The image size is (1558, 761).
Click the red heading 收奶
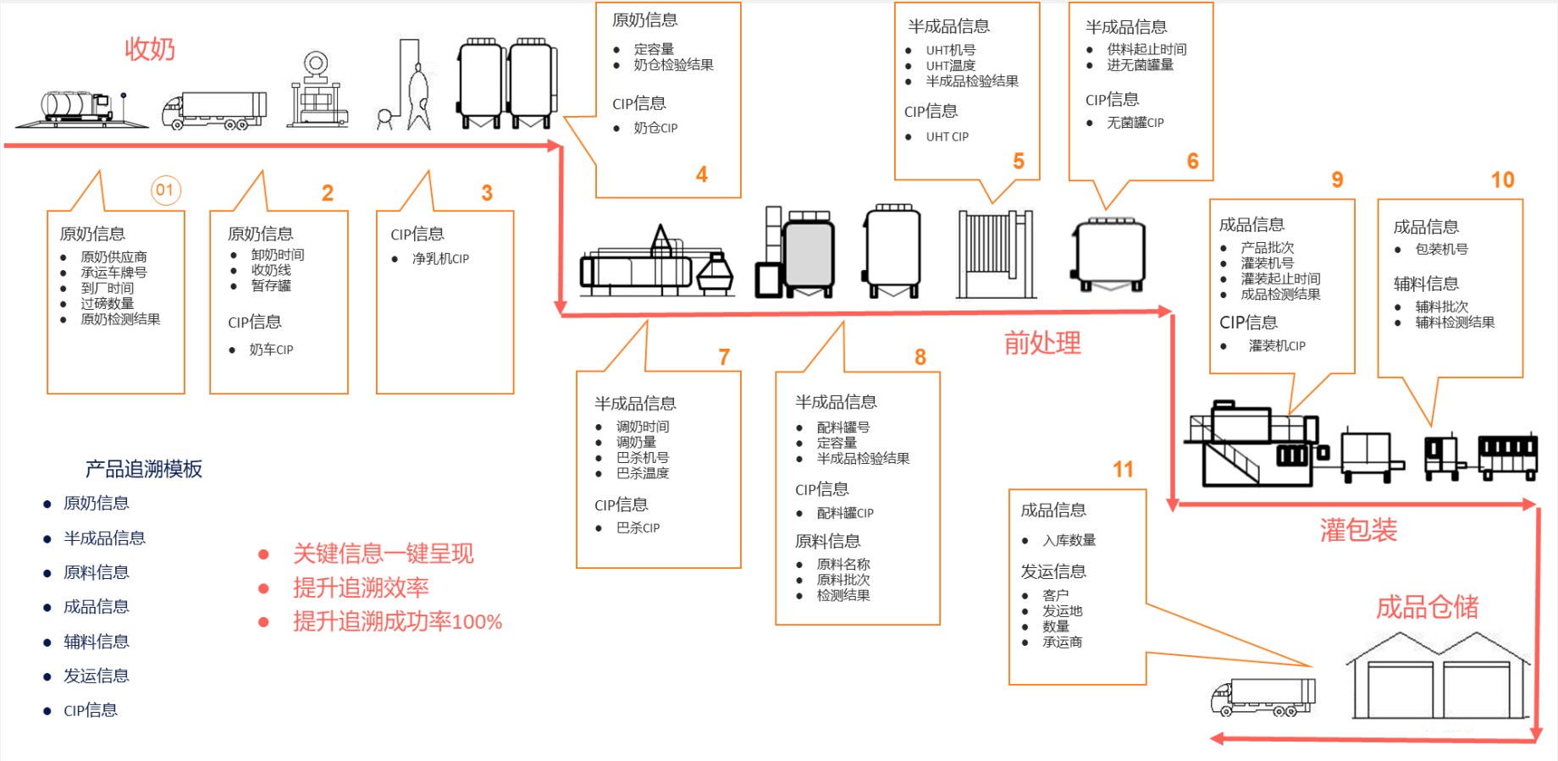[x=150, y=49]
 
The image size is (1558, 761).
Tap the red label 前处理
[x=1042, y=343]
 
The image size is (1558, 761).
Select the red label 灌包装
[x=1358, y=530]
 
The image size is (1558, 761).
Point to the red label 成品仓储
[x=1427, y=607]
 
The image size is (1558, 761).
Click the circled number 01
[x=165, y=190]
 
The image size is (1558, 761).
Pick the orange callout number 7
[x=724, y=357]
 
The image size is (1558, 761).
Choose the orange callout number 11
[x=1123, y=470]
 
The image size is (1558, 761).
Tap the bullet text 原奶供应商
[x=113, y=256]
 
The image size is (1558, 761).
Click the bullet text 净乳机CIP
[x=440, y=258]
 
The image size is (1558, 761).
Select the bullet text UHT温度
[x=950, y=65]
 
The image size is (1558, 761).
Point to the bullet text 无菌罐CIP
[x=1135, y=123]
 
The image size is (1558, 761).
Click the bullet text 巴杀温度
[x=643, y=473]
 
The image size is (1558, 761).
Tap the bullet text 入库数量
[x=1069, y=540]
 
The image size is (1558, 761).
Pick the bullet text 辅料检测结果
[x=1455, y=322]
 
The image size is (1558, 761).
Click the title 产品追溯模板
[x=144, y=469]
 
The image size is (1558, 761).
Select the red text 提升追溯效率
[x=361, y=587]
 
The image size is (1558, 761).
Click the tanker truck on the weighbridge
[x=77, y=108]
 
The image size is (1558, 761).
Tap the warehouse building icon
[x=1438, y=677]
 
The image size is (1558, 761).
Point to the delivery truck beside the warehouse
[x=1262, y=697]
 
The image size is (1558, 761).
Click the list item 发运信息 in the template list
[x=97, y=676]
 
